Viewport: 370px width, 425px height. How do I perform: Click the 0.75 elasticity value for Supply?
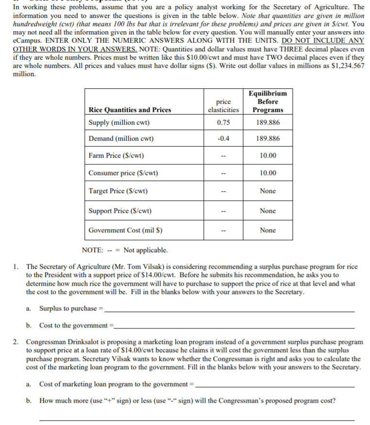tap(223, 123)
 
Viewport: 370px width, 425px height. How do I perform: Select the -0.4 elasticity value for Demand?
tap(223, 139)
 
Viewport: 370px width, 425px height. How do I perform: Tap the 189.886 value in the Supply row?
tap(268, 123)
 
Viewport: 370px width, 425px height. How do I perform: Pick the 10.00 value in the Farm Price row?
tap(268, 156)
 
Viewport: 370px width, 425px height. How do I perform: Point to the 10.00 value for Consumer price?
tap(268, 173)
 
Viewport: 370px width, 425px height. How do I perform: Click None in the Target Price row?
tap(268, 191)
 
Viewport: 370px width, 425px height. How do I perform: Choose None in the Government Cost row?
tap(268, 230)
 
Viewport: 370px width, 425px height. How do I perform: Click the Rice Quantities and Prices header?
tap(130, 110)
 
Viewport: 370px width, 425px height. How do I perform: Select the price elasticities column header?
tap(223, 106)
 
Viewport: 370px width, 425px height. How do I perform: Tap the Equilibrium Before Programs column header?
tap(268, 101)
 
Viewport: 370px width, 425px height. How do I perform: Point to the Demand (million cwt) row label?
tap(121, 139)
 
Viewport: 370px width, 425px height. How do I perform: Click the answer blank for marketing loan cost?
tap(274, 385)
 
